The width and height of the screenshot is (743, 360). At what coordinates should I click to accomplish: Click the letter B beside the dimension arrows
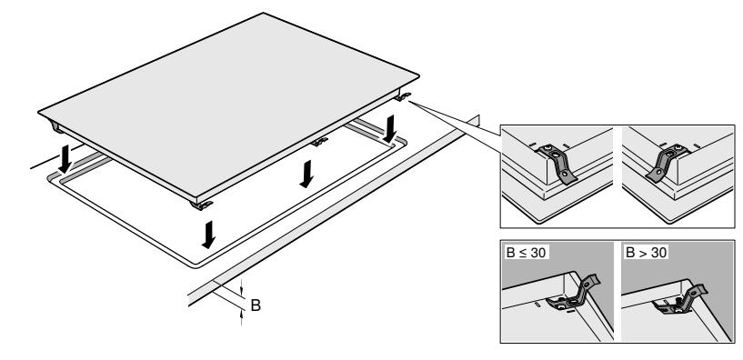coord(256,305)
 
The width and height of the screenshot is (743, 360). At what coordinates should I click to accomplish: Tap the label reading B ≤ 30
coord(526,253)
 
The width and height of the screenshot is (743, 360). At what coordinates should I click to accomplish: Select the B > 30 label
coord(646,253)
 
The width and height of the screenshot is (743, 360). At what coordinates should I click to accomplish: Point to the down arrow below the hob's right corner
coord(390,129)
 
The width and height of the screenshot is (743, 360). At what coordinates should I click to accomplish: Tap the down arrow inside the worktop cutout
coord(306,174)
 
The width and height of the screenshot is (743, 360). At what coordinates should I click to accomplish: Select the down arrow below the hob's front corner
coord(208,235)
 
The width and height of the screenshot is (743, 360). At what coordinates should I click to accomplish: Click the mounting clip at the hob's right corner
coord(403,97)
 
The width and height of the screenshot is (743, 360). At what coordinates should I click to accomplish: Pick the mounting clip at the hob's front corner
coord(201,205)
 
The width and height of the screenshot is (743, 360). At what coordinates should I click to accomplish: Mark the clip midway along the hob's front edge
coord(319,141)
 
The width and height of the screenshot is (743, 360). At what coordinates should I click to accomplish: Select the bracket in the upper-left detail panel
coord(558,163)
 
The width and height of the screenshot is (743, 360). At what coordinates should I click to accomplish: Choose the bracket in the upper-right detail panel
coord(665,163)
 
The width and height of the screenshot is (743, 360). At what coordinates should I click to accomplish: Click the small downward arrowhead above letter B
coord(241,292)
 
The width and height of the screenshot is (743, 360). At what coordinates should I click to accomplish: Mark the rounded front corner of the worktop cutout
coord(195,265)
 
